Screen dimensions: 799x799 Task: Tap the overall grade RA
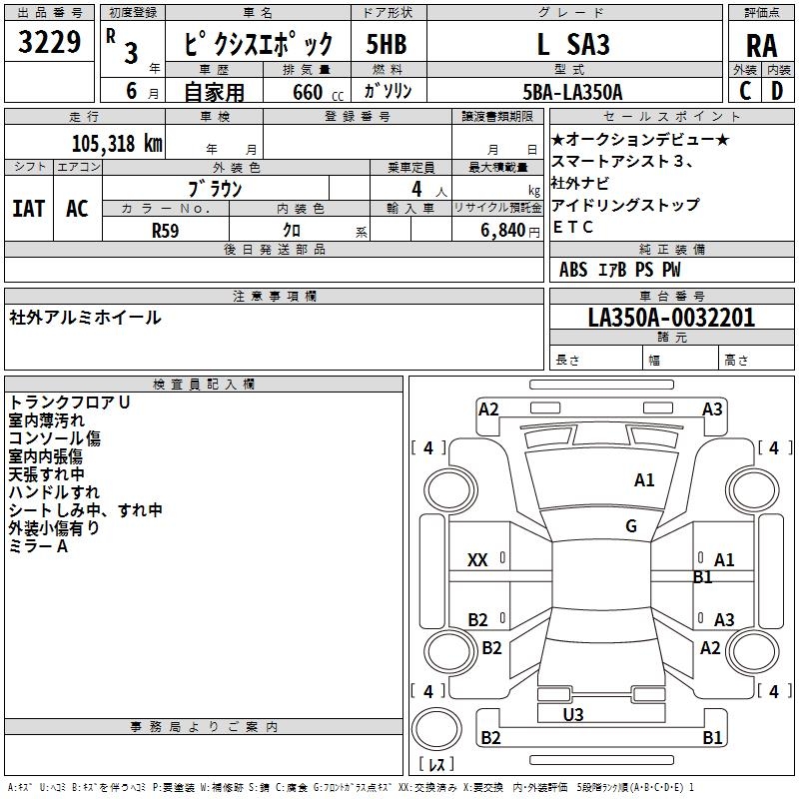(x=761, y=46)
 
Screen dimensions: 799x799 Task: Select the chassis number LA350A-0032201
(x=671, y=318)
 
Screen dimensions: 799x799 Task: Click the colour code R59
(x=165, y=230)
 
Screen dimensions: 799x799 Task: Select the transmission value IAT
(x=29, y=209)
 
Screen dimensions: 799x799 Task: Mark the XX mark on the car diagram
(x=477, y=560)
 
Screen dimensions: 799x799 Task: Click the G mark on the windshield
(x=631, y=525)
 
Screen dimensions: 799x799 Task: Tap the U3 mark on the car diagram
(x=573, y=714)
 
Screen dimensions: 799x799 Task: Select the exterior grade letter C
(x=744, y=91)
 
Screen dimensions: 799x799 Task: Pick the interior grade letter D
(x=777, y=91)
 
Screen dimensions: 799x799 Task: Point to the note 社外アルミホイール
(x=85, y=318)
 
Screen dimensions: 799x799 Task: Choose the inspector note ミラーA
(x=38, y=546)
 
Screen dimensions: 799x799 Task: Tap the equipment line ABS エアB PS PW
(x=619, y=270)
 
